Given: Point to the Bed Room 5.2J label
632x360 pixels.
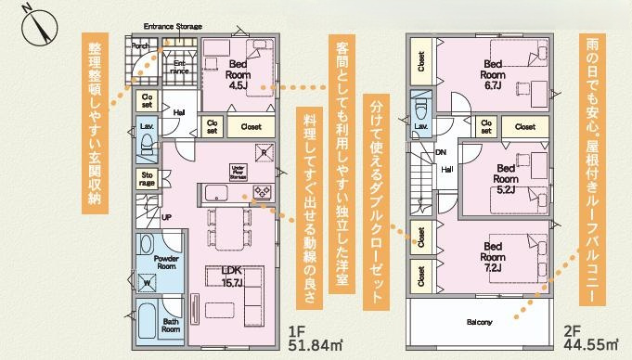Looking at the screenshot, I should pyautogui.click(x=505, y=174).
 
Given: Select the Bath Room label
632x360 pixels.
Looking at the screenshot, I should pyautogui.click(x=171, y=324).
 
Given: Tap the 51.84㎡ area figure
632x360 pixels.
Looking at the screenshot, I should pyautogui.click(x=310, y=347).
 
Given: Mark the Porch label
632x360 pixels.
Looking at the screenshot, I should pyautogui.click(x=141, y=45).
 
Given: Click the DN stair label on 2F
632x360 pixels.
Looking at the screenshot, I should pyautogui.click(x=441, y=151).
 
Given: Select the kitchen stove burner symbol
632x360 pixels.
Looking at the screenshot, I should pyautogui.click(x=262, y=192).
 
